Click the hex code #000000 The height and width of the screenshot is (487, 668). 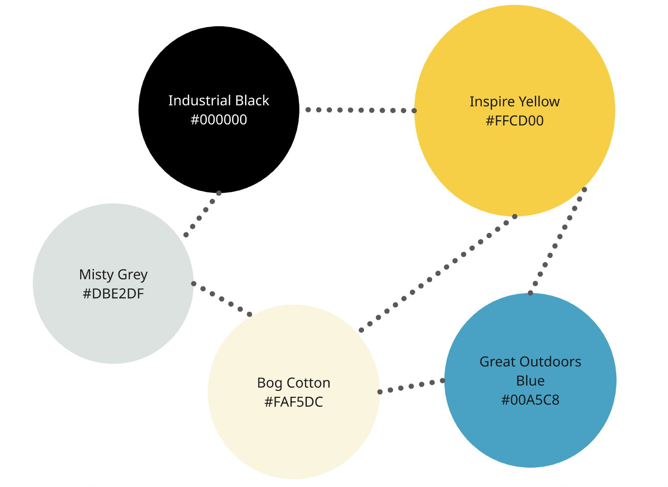[x=219, y=120]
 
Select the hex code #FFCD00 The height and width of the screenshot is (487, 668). [x=515, y=121]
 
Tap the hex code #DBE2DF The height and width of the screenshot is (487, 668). [x=113, y=293]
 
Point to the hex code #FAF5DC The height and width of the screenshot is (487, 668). [x=293, y=402]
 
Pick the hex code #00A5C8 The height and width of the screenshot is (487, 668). [x=530, y=400]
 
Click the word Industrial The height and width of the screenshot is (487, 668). [x=199, y=100]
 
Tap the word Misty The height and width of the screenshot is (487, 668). [x=96, y=274]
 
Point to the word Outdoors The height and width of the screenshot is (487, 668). [x=551, y=362]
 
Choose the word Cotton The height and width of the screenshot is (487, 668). [x=309, y=383]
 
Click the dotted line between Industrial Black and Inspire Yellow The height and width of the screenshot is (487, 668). [x=361, y=110]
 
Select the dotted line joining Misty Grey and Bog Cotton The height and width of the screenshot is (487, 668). [x=222, y=299]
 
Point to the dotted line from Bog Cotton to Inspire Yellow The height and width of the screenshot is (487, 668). [x=438, y=273]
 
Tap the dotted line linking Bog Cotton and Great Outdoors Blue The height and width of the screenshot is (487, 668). [x=411, y=386]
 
